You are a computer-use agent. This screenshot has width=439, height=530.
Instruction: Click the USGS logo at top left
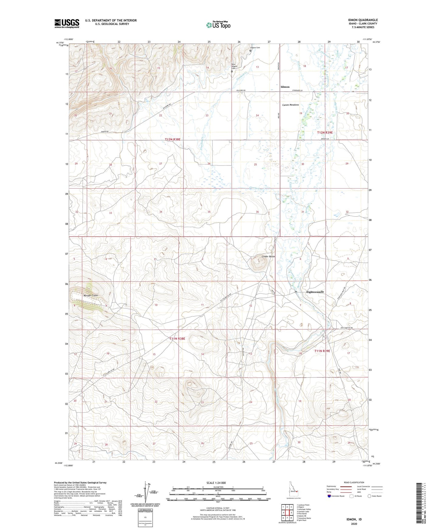click(67, 23)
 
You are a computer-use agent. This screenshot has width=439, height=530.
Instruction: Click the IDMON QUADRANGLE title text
click(363, 20)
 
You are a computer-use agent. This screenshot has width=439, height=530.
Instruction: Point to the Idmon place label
click(285, 87)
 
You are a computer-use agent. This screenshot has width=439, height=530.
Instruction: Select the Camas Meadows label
click(290, 105)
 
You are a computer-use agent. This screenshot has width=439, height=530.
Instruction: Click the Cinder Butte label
click(268, 257)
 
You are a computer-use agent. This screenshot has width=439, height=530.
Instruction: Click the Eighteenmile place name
click(311, 292)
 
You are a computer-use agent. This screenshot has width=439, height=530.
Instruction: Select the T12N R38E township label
click(173, 139)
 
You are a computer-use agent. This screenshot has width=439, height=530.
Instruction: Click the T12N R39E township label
click(325, 133)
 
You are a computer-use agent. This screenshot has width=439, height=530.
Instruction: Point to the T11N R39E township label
click(322, 351)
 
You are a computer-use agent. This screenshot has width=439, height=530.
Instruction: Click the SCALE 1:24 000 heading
click(216, 483)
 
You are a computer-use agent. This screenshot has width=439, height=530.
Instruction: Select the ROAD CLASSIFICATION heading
click(354, 482)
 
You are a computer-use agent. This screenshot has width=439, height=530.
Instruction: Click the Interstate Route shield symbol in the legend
click(329, 496)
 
